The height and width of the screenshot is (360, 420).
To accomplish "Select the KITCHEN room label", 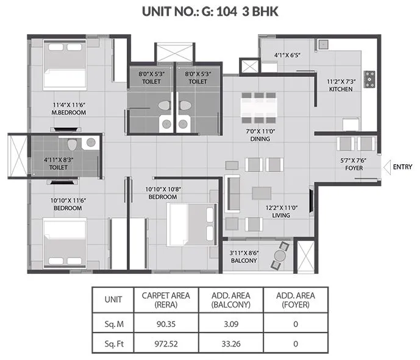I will (341, 89).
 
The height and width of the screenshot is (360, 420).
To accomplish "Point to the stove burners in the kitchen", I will (369, 79).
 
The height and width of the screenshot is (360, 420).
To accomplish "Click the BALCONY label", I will (244, 261).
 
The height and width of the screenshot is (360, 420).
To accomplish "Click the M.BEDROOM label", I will (68, 112).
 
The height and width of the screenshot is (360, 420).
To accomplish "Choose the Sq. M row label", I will (113, 322).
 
